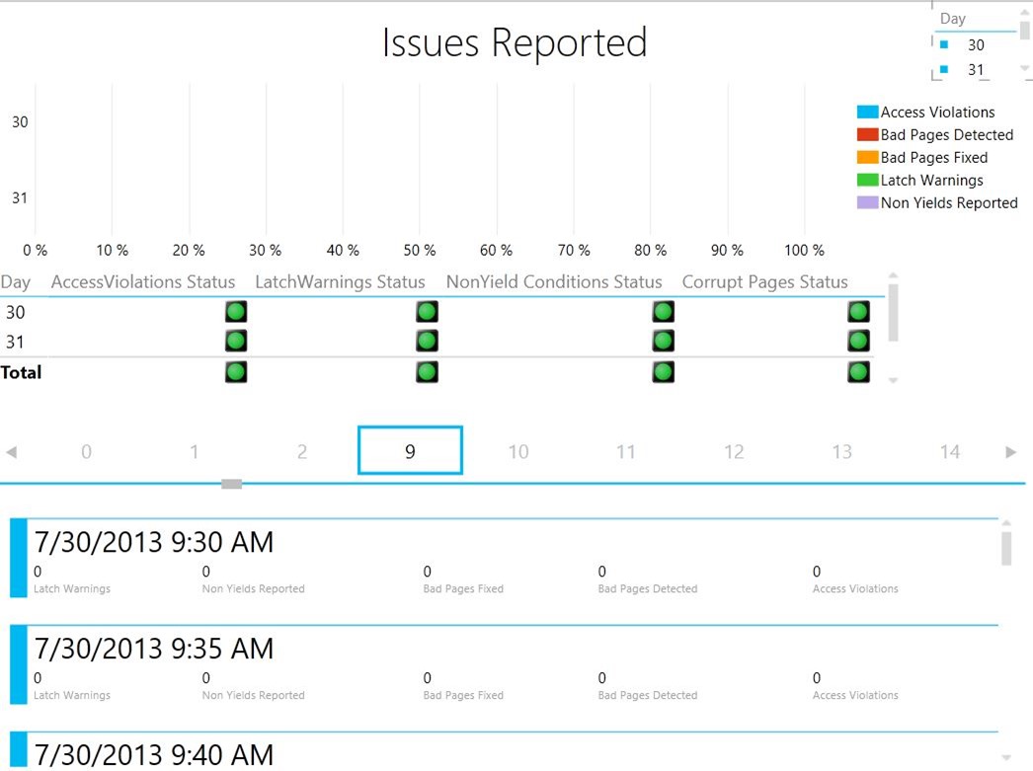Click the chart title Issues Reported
[x=515, y=43]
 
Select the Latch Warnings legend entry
[x=931, y=181]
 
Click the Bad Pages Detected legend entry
[x=946, y=135]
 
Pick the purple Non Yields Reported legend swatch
[x=867, y=203]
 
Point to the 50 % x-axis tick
[x=420, y=251]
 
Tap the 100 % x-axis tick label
[x=804, y=251]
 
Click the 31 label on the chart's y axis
[x=20, y=197]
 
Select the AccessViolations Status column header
[x=143, y=282]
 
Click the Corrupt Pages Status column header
[x=764, y=282]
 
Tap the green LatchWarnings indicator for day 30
[x=427, y=312]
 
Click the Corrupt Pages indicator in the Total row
[x=858, y=372]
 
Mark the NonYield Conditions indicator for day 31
[x=663, y=342]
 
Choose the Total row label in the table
[x=22, y=373]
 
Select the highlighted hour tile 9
[x=410, y=451]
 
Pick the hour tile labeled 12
[x=734, y=452]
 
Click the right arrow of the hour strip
[x=1010, y=452]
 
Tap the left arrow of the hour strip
[x=12, y=452]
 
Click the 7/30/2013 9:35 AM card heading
[x=154, y=649]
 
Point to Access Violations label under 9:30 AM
[x=855, y=589]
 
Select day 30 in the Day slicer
[x=976, y=45]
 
